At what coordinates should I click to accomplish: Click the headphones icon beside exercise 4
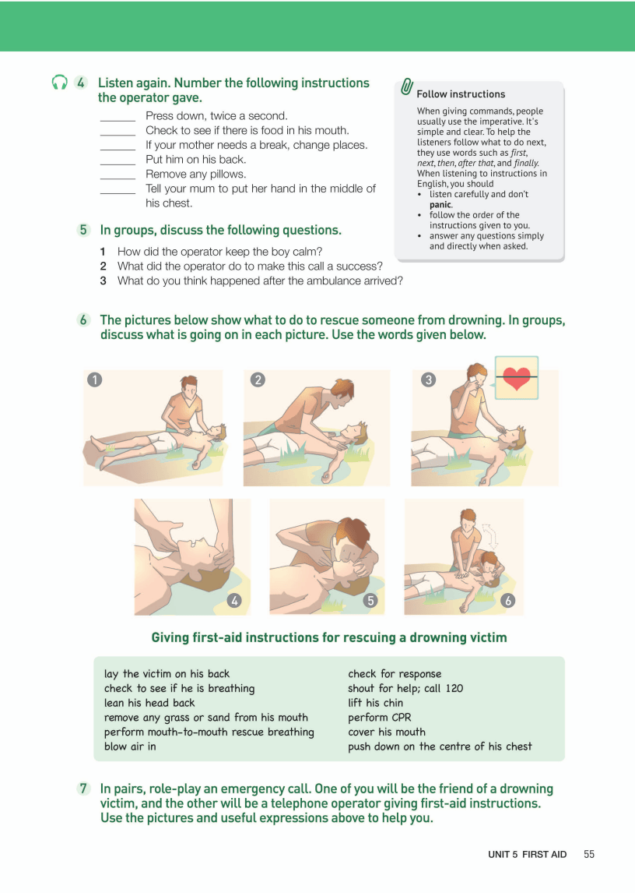(x=59, y=83)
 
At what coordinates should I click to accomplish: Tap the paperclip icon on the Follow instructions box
(x=406, y=86)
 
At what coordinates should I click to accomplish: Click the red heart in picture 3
(x=517, y=378)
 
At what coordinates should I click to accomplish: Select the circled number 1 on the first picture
(x=94, y=379)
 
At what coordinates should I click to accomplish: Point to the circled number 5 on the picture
(x=371, y=600)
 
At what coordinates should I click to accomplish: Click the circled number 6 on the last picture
(x=508, y=600)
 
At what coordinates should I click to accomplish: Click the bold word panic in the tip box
(x=441, y=204)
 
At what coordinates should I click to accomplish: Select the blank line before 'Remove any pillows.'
(x=118, y=178)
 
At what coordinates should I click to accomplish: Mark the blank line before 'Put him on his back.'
(x=118, y=164)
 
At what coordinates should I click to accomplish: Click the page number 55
(x=589, y=854)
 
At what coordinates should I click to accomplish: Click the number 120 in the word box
(x=454, y=688)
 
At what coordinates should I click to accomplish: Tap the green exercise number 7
(x=83, y=789)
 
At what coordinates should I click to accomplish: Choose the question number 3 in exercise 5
(x=103, y=281)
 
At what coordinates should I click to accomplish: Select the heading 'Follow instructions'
(x=461, y=94)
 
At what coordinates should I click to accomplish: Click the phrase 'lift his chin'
(x=376, y=703)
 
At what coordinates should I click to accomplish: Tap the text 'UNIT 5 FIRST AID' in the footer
(x=528, y=854)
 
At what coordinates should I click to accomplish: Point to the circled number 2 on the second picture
(x=258, y=379)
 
